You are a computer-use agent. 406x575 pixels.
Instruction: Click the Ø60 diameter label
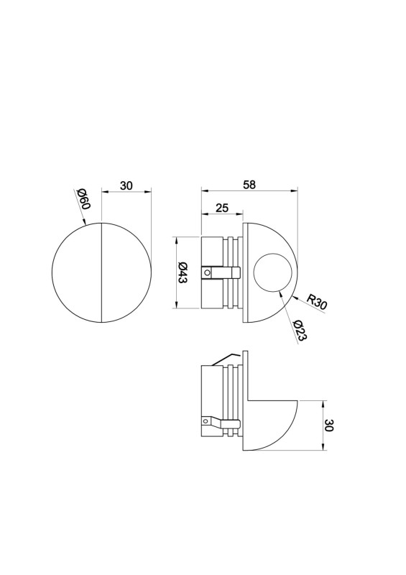(83, 198)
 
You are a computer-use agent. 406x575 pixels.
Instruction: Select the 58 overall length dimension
(249, 184)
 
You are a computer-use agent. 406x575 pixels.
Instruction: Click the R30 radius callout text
(317, 302)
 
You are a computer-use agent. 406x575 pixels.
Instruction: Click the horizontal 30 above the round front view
(126, 185)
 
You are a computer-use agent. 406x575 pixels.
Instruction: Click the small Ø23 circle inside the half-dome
(273, 273)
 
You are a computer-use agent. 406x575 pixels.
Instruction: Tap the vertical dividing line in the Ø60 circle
(102, 272)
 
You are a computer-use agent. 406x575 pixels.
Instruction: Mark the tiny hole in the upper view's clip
(208, 272)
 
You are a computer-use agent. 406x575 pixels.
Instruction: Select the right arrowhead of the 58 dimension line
(295, 190)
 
